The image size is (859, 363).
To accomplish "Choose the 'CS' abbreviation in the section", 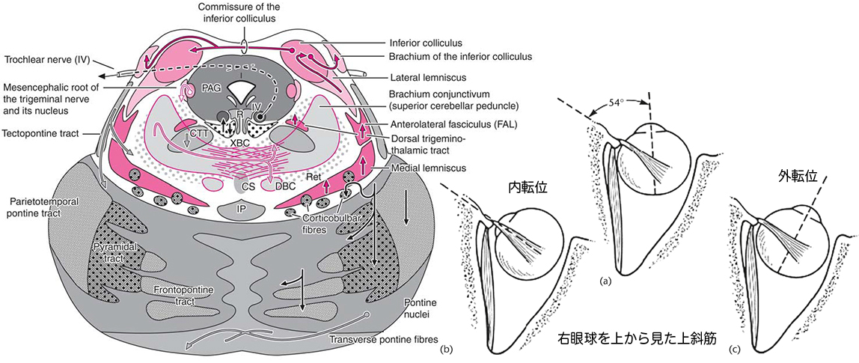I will (x=247, y=183).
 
